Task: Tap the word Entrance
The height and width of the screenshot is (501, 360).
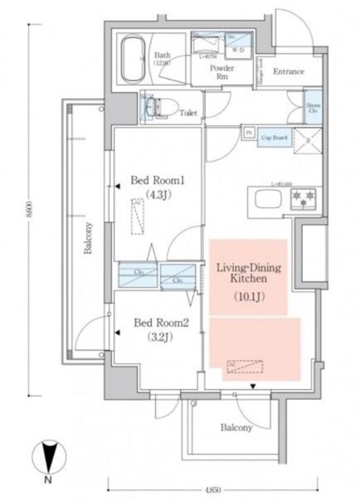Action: [x=287, y=72]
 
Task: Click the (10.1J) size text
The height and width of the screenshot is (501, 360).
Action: [x=248, y=297]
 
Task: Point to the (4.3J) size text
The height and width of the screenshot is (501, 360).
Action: [x=157, y=196]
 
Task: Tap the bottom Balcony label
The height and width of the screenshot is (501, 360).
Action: [x=236, y=428]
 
